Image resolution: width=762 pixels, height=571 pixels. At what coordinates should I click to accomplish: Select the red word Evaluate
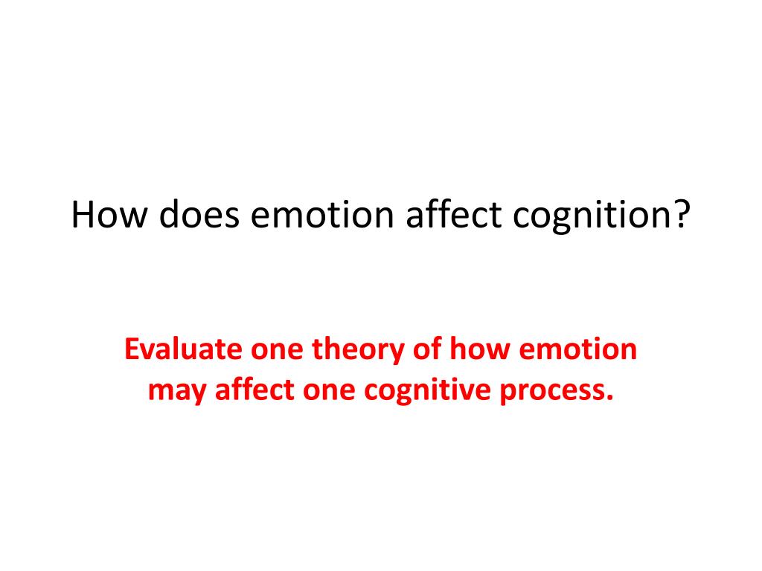point(176,349)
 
